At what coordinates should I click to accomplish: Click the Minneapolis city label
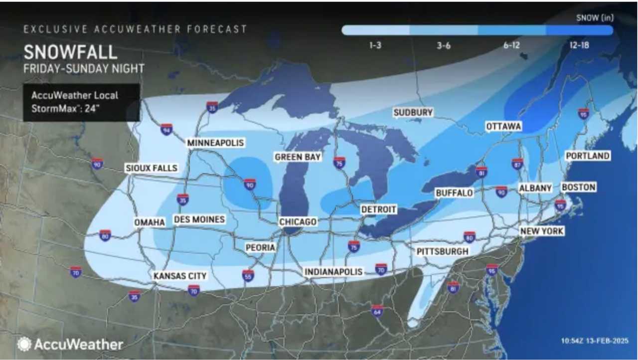click(216, 143)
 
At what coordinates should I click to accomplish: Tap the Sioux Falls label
click(152, 168)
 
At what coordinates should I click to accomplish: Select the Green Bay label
click(298, 157)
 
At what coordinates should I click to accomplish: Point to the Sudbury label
click(413, 113)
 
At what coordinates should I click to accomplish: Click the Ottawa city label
click(503, 127)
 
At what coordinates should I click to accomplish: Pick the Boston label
click(578, 187)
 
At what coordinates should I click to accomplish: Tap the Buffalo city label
click(454, 192)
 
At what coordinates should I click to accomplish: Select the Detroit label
click(378, 209)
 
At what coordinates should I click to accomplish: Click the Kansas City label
click(180, 276)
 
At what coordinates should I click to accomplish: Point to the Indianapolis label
click(333, 272)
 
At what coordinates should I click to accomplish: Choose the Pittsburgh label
click(443, 251)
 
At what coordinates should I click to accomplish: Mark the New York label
click(542, 231)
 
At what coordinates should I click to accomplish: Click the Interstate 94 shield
click(166, 130)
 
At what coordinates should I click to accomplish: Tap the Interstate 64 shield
click(377, 311)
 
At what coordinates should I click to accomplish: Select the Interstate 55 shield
click(248, 276)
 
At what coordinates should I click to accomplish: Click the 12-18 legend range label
click(580, 45)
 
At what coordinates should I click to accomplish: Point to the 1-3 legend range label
click(376, 45)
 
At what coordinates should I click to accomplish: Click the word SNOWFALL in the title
click(70, 52)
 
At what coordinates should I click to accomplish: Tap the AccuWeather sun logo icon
click(24, 344)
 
